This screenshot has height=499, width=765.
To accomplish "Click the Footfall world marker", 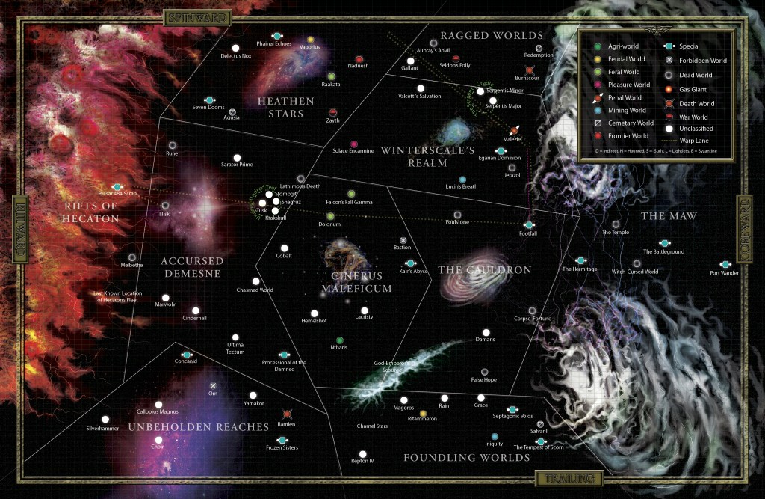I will pos(529,224).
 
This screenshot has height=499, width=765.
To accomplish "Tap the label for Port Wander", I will pos(724,272).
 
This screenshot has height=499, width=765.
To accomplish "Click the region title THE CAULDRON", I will pos(484,269).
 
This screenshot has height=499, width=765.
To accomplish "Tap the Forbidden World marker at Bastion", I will pos(403,239).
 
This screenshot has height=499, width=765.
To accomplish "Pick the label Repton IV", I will pos(362,461).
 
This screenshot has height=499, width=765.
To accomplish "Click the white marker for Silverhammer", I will pos(105,419).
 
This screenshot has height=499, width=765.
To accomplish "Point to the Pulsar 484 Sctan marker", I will pos(117,186).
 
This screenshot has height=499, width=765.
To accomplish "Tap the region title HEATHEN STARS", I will pos(281,107).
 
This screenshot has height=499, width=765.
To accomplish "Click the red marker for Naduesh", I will pos(359,58).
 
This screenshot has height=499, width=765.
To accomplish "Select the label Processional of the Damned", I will pos(284,366).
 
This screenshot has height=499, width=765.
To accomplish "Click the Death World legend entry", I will pos(696,104).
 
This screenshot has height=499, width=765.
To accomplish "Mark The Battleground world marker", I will pos(664,243).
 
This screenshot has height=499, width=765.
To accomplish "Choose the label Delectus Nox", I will pos(235,55).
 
